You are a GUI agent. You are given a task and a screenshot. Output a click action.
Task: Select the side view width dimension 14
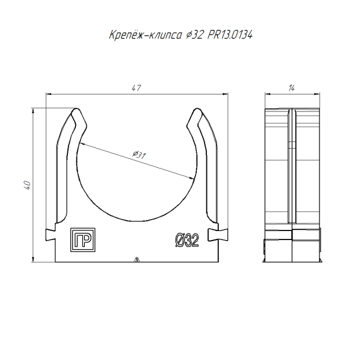(291, 88)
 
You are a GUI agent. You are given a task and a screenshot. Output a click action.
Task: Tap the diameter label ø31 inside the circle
(140, 155)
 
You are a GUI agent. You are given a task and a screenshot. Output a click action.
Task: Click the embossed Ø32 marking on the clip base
(187, 241)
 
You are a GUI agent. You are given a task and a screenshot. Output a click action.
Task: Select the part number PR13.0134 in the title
(230, 35)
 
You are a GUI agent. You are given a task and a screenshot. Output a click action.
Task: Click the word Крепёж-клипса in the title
(142, 35)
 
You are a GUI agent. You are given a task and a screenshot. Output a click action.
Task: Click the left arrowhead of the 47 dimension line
(50, 94)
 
